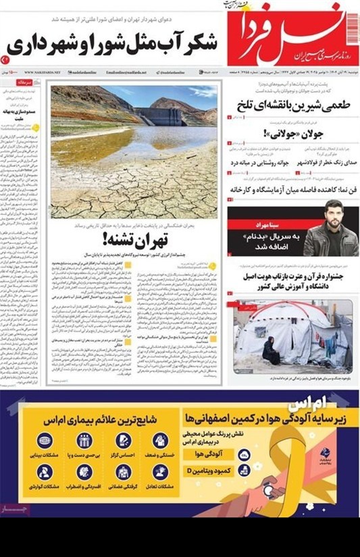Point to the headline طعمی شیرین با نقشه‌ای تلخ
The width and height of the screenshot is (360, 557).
click(x=294, y=106)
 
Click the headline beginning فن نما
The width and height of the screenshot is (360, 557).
click(x=294, y=190)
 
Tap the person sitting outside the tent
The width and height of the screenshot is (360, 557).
click(x=271, y=351)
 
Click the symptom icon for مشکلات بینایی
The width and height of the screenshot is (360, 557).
click(x=45, y=441)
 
